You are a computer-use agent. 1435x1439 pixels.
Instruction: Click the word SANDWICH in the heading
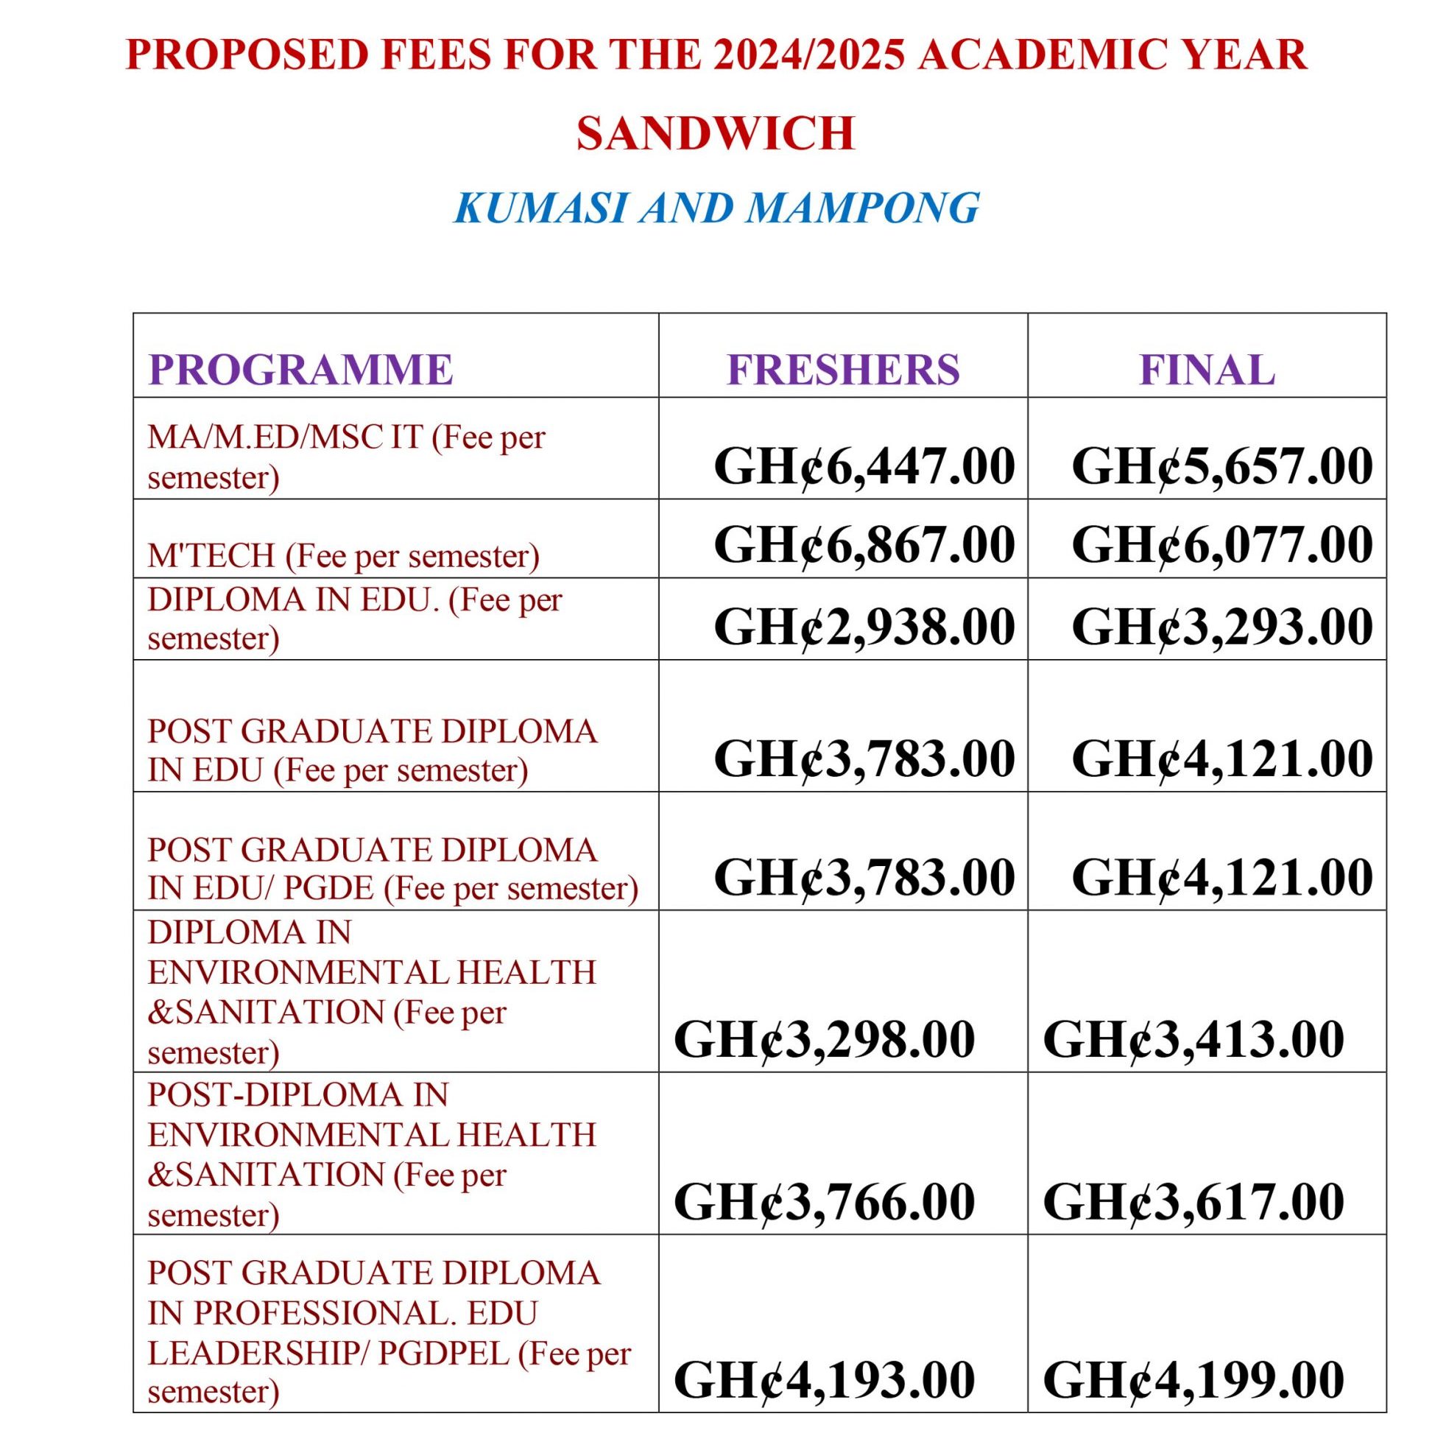pyautogui.click(x=715, y=133)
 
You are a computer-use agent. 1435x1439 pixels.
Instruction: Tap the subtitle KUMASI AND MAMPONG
pyautogui.click(x=716, y=208)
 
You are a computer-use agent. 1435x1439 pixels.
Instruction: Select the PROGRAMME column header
pyautogui.click(x=301, y=370)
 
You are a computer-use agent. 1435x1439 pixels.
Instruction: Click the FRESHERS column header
pyautogui.click(x=843, y=370)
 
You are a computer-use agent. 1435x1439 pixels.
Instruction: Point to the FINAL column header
pyautogui.click(x=1207, y=370)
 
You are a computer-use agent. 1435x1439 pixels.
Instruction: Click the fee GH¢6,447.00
pyautogui.click(x=864, y=466)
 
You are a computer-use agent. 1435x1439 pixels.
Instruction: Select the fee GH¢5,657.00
pyautogui.click(x=1222, y=466)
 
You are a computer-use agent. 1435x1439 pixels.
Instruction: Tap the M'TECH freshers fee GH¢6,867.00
pyautogui.click(x=864, y=543)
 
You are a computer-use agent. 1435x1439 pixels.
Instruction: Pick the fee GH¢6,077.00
pyautogui.click(x=1222, y=543)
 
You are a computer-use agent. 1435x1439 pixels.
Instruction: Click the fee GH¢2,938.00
pyautogui.click(x=864, y=627)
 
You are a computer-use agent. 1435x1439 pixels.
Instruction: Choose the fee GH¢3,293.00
pyautogui.click(x=1222, y=627)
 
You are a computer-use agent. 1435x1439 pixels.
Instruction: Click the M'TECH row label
pyautogui.click(x=343, y=555)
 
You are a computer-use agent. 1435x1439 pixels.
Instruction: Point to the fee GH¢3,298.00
pyautogui.click(x=825, y=1040)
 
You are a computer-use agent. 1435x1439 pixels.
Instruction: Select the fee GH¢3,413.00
pyautogui.click(x=1194, y=1040)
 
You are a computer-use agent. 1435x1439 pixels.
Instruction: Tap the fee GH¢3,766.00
pyautogui.click(x=825, y=1202)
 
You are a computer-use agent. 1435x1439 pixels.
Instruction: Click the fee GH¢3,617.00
pyautogui.click(x=1194, y=1202)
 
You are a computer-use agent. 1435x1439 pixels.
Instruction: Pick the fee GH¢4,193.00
pyautogui.click(x=825, y=1379)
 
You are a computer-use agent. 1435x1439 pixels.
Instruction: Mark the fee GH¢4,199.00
pyautogui.click(x=1194, y=1379)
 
